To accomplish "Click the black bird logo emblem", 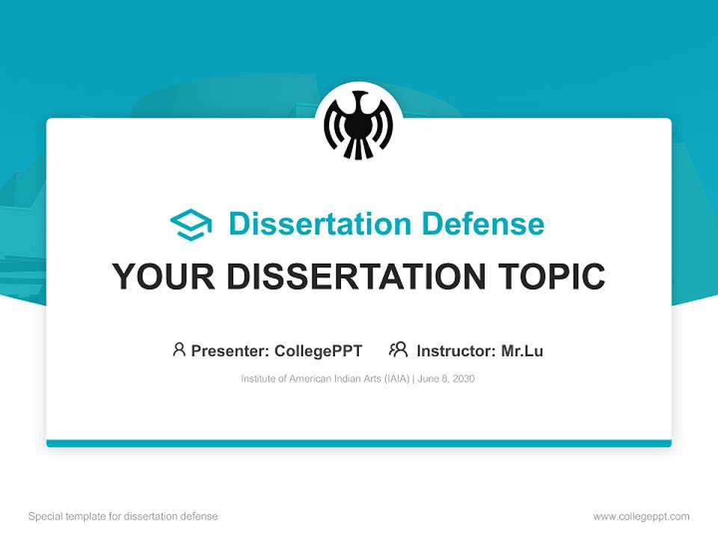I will tap(358, 124).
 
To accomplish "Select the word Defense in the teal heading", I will tap(482, 224).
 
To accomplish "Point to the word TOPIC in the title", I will tap(554, 277).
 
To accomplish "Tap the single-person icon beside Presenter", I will tap(179, 350).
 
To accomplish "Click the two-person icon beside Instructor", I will tap(398, 350).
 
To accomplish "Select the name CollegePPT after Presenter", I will tap(319, 350).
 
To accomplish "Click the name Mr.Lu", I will tap(522, 350).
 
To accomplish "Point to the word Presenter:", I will tap(230, 350).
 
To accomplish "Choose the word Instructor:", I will tap(455, 350).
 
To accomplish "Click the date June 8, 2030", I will tap(447, 379).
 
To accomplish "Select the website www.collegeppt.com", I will tap(641, 517).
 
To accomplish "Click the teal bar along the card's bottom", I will tap(359, 443).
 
